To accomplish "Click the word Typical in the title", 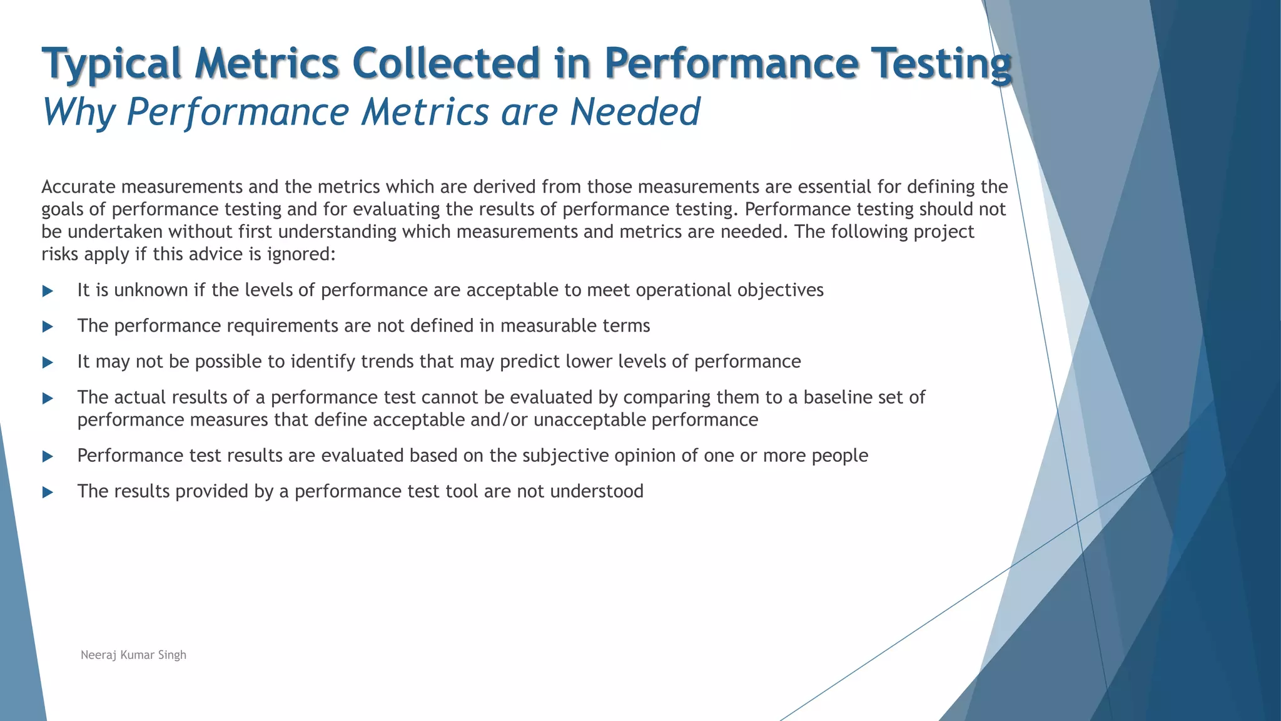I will click(111, 64).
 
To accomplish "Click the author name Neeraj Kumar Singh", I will click(133, 655).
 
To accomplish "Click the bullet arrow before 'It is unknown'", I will click(48, 291).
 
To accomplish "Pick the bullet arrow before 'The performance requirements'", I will click(48, 327).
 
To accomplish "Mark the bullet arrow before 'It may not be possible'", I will click(48, 362).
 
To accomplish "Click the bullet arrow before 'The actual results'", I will click(48, 398).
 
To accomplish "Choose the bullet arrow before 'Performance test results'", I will click(48, 456).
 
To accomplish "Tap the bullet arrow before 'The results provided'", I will click(48, 492).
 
